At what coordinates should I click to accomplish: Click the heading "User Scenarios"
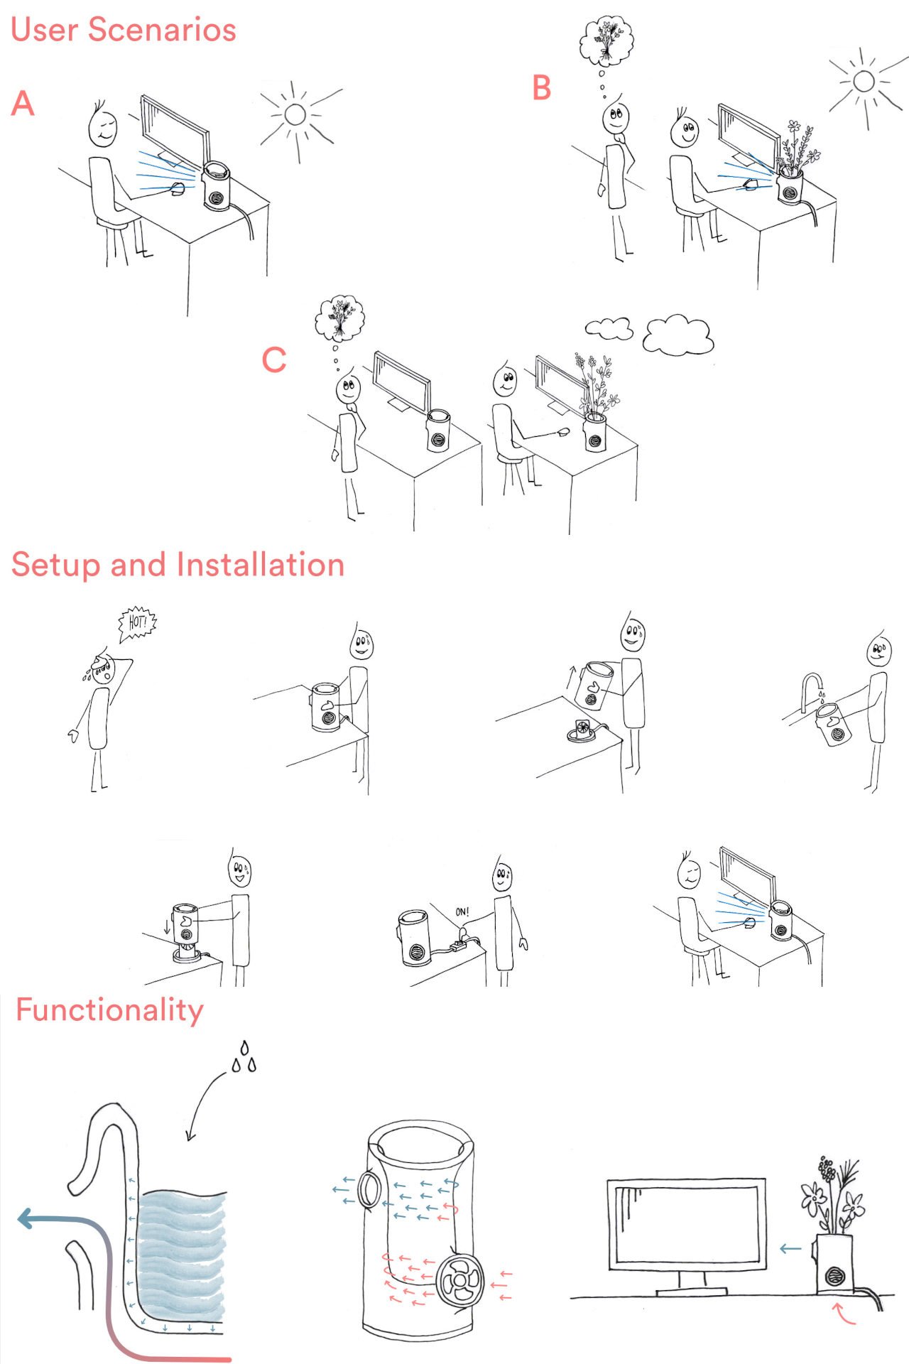[124, 30]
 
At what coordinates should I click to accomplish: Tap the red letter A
[23, 103]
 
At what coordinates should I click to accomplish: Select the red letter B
[542, 88]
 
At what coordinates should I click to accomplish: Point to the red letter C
[274, 359]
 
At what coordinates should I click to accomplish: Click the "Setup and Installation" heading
[178, 565]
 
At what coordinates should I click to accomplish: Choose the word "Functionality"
[110, 1010]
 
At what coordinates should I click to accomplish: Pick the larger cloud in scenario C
[678, 335]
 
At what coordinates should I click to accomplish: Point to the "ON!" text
[462, 911]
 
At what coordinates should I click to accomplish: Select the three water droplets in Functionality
[244, 1057]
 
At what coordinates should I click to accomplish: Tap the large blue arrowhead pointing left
[26, 1219]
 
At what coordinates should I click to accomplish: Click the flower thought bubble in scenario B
[606, 41]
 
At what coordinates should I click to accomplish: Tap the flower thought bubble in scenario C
[340, 318]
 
